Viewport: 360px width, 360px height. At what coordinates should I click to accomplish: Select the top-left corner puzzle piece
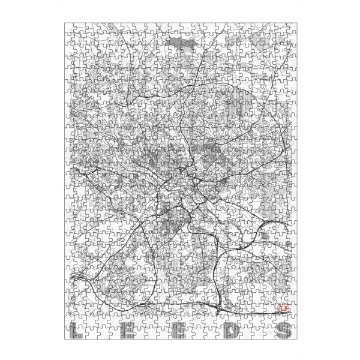[x=70, y=29]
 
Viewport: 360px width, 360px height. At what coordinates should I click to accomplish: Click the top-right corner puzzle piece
[x=289, y=29]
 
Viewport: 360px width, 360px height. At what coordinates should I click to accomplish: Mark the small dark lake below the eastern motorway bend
[x=265, y=238]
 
